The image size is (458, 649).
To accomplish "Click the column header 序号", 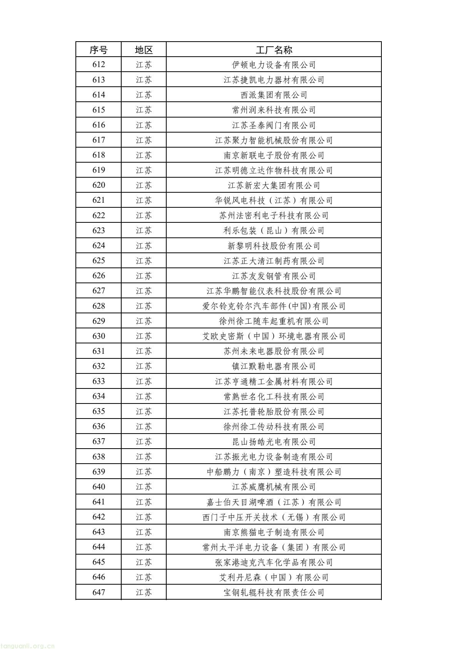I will pos(99,50).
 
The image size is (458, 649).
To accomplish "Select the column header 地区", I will pos(144,50).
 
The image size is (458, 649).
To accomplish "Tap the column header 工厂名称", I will pos(274,50).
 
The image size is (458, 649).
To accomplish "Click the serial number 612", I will pos(99,65).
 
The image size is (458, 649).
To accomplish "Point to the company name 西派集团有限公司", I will pos(274,95).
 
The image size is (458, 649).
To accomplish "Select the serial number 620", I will pos(99,185).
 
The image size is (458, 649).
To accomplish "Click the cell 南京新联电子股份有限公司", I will pos(274,155).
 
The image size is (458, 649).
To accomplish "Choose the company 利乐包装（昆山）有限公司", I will pos(274,230).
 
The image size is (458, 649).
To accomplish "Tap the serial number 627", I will pos(99,291).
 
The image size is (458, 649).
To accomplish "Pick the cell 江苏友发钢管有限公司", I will pos(274,276).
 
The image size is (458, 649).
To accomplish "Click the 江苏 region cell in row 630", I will pos(144,336).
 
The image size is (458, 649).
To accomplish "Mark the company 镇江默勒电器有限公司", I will pos(274,366).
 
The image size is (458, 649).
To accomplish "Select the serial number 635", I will pos(99,411).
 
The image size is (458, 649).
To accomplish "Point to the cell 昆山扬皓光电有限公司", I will pos(274,441).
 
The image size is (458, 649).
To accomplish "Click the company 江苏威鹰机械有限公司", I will pos(274,487).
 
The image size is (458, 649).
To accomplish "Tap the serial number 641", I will pos(99,502).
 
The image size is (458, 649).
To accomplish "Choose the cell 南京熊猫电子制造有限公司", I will pos(274,532).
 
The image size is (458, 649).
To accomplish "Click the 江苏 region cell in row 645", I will pos(144,562).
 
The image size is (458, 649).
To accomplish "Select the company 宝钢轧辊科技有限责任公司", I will pos(274,592).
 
